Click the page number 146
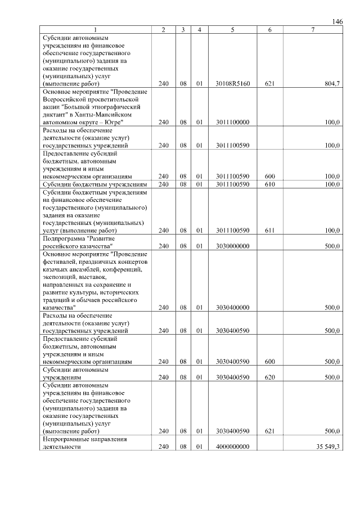tap(337, 21)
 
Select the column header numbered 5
tap(232, 29)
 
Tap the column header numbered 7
tap(313, 29)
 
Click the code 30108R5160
tap(232, 83)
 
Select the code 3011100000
tap(232, 121)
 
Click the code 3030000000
tap(232, 246)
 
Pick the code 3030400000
tap(232, 308)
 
